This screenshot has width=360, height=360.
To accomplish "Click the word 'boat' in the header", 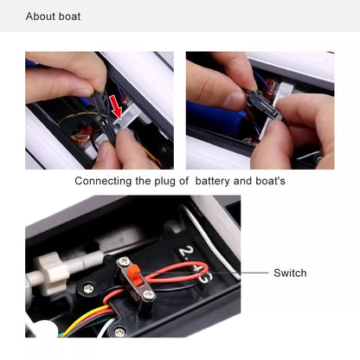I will click(69, 16).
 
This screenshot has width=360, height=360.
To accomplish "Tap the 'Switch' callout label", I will click(290, 273).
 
